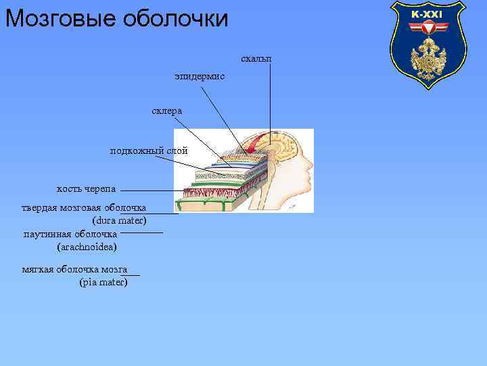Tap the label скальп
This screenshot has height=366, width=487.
tap(256, 59)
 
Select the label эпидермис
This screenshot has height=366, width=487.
tap(199, 78)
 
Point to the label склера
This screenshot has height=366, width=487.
tap(166, 110)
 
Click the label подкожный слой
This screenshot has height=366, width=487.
tap(149, 150)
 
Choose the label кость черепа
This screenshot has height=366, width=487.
tap(86, 188)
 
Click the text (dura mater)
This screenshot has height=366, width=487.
tap(119, 220)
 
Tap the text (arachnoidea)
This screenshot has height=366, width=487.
tap(87, 246)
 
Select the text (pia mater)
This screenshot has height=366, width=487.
tap(103, 282)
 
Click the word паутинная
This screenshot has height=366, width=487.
tap(45, 234)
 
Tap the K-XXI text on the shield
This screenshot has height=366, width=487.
tap(427, 14)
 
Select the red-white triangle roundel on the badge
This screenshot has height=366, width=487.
tap(427, 28)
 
